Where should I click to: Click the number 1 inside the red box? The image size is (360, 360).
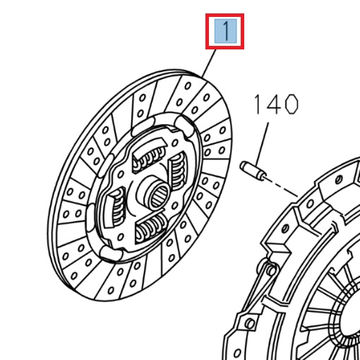point(224,32)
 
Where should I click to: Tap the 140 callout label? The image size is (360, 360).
point(276,106)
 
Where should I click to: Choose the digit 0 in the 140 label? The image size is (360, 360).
point(289,106)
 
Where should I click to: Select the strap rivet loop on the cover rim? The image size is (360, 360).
point(268,268)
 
